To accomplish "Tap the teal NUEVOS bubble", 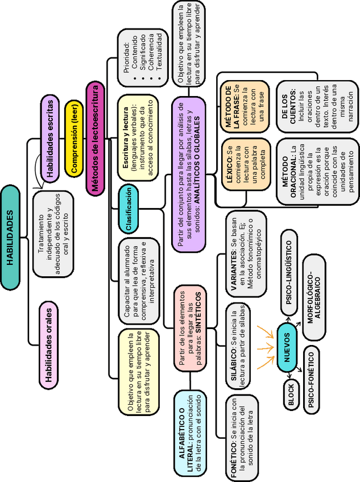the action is point(287,348).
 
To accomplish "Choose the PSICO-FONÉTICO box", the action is point(311,379).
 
